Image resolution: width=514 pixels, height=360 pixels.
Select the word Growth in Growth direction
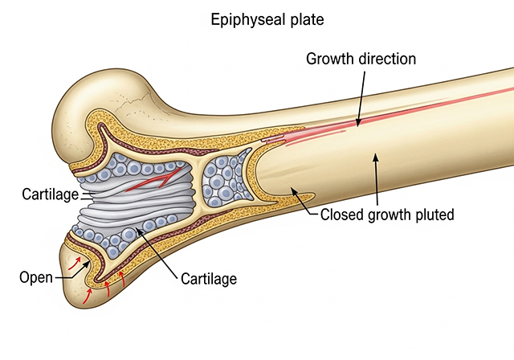(x=330, y=59)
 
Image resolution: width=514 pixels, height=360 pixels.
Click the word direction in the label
(x=387, y=59)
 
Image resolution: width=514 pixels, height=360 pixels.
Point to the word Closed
(x=342, y=215)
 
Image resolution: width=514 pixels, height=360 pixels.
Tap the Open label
(x=36, y=277)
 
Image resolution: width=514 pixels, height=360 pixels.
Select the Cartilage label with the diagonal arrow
(x=209, y=279)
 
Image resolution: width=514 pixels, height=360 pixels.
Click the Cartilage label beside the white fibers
(x=51, y=194)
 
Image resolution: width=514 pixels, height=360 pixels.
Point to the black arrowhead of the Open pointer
(x=87, y=264)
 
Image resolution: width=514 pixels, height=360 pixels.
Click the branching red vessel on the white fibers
(x=154, y=180)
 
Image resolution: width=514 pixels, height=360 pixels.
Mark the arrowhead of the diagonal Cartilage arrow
(x=139, y=231)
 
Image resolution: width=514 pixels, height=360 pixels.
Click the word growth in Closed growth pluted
(x=390, y=215)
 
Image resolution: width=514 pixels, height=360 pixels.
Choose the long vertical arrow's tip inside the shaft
(x=375, y=157)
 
